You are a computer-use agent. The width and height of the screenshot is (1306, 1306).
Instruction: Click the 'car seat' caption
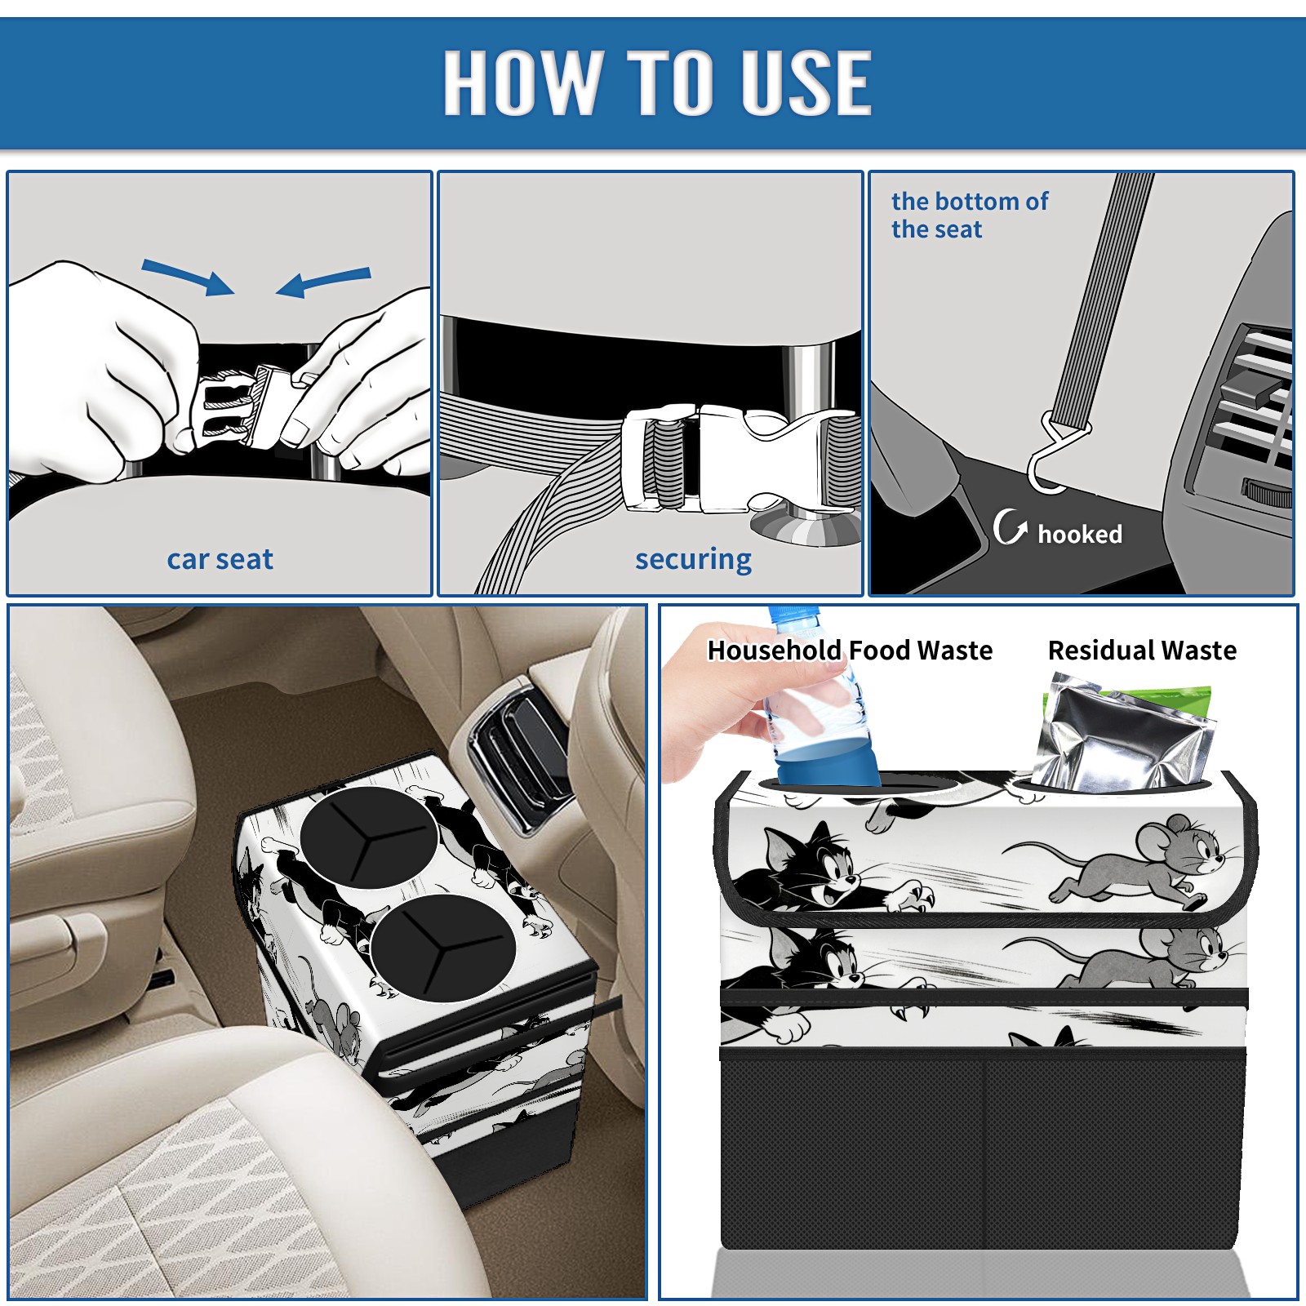coord(220,560)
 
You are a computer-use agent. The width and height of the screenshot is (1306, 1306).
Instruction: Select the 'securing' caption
coord(693,560)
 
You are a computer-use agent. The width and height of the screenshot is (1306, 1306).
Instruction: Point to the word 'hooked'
coord(1079,534)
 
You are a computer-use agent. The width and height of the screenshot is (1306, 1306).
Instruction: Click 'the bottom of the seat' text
coord(969,215)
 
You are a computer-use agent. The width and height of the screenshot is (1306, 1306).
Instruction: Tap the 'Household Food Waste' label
coord(850,651)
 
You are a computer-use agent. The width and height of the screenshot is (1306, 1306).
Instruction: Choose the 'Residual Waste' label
coord(1142,651)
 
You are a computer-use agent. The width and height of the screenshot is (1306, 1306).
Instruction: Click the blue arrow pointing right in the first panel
coord(188,278)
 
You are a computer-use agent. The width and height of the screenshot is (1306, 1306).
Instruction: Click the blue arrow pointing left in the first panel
coord(323,282)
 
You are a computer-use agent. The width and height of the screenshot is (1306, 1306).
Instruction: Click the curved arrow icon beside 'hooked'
coord(1009,527)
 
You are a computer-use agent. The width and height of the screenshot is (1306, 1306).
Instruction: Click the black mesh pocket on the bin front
coord(983,1151)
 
